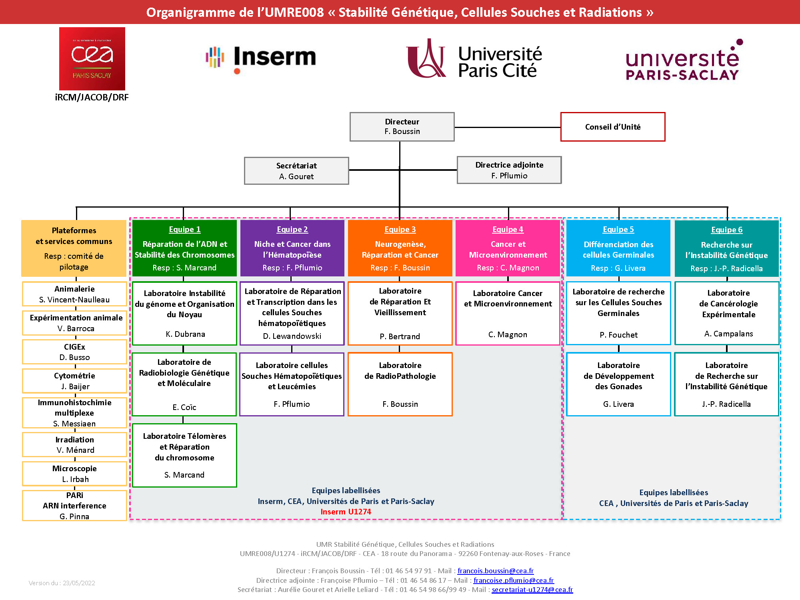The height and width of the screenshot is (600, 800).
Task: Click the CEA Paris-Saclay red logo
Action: click(92, 58)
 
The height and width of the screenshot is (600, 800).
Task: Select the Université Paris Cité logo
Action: click(474, 59)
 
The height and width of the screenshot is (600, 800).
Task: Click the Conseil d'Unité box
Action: click(612, 127)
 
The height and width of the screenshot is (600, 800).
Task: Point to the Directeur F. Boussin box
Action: click(402, 126)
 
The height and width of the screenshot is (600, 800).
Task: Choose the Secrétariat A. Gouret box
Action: click(296, 171)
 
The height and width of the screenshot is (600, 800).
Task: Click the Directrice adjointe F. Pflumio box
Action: click(509, 170)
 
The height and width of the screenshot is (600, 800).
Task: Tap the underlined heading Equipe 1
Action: click(184, 229)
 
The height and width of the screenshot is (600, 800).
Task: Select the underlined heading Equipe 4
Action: click(508, 229)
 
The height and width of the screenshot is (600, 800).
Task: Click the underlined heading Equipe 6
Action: click(726, 230)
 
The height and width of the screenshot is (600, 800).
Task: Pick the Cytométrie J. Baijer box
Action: click(75, 381)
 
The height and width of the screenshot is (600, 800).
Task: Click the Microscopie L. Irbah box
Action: click(75, 474)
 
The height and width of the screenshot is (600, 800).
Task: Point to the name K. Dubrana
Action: click(185, 334)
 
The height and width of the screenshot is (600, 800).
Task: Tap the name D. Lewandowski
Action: click(292, 336)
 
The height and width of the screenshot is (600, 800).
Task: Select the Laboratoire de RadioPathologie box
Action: click(400, 384)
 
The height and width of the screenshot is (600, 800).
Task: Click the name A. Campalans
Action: click(728, 334)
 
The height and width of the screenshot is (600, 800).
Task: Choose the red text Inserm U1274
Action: click(346, 512)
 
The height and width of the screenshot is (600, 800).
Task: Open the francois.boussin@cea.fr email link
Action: click(495, 571)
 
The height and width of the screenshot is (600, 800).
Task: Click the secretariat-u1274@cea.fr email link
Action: click(532, 589)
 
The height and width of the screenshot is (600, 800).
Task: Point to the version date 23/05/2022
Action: click(79, 583)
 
